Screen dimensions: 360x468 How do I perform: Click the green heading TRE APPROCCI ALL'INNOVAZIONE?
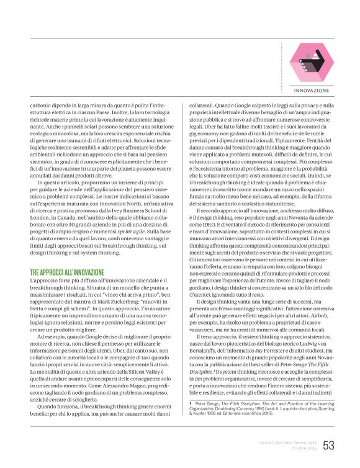[x=75, y=272]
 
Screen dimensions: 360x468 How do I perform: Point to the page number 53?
[x=329, y=445]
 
